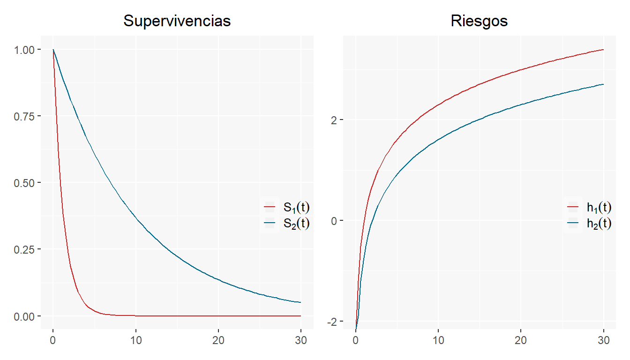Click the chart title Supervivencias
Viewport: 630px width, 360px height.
177,21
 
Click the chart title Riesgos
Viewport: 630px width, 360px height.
479,21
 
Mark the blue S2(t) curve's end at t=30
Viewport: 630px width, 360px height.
300,302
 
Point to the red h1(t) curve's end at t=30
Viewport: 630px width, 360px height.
603,50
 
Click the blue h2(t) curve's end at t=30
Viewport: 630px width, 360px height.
603,84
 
